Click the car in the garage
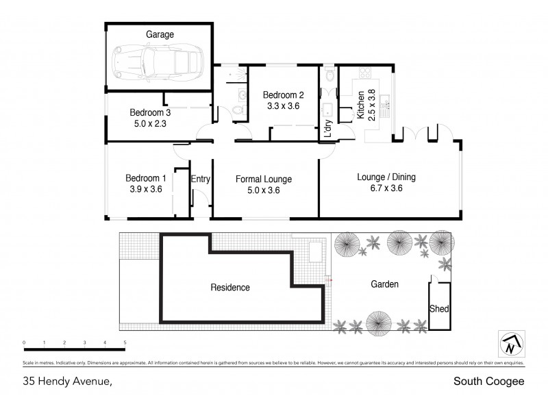click(159, 61)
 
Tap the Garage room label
click(160, 34)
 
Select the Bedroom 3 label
click(150, 112)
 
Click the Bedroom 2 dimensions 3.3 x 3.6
click(284, 106)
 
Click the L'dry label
click(328, 129)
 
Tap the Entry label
click(201, 179)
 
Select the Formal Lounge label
click(264, 179)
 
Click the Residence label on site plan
click(230, 287)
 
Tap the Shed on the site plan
click(439, 309)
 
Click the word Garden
click(384, 284)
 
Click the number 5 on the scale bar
click(125, 342)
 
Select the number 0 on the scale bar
click(23, 342)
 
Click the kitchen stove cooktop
click(363, 75)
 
